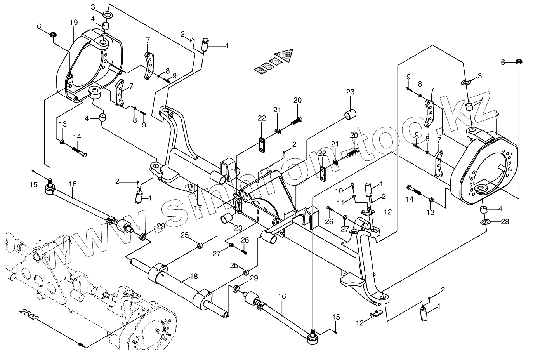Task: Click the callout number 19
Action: click(x=74, y=23)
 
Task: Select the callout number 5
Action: click(x=497, y=113)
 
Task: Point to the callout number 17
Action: click(x=198, y=208)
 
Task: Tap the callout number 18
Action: click(x=194, y=277)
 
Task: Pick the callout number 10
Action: click(x=339, y=191)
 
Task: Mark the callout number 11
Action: click(x=340, y=203)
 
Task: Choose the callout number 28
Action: click(x=505, y=222)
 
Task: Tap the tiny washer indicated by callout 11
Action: click(x=354, y=196)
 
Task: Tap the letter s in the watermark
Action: click(x=179, y=210)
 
